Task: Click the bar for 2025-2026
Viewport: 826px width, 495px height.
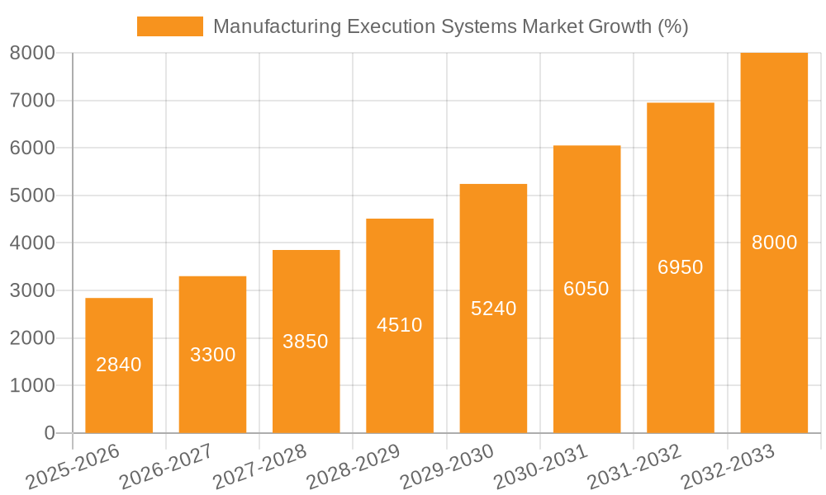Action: pyautogui.click(x=119, y=396)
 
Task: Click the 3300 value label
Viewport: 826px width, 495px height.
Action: pyautogui.click(x=213, y=355)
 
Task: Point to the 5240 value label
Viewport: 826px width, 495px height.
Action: pyautogui.click(x=494, y=309)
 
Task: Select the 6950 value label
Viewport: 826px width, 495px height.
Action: pyautogui.click(x=681, y=267)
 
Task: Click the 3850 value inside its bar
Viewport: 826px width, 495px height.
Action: pyautogui.click(x=306, y=342)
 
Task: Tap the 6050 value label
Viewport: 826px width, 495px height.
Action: pyautogui.click(x=586, y=289)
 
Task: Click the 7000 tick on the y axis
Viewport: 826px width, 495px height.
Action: pyautogui.click(x=32, y=101)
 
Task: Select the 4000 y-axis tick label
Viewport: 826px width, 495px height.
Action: pyautogui.click(x=32, y=243)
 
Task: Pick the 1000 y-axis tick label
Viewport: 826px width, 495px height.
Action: pyautogui.click(x=32, y=385)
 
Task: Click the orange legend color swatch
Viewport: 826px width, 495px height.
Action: pyautogui.click(x=170, y=26)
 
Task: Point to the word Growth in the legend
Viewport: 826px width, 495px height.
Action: pyautogui.click(x=618, y=26)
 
